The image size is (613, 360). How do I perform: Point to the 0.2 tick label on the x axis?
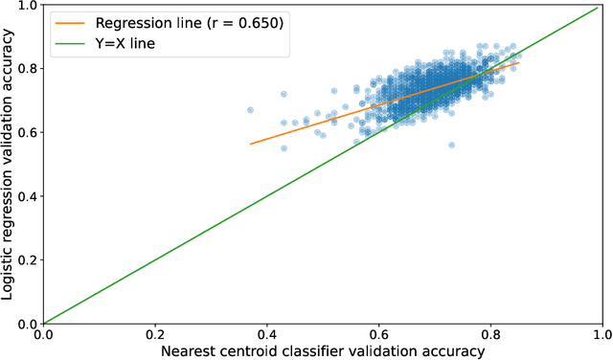tap(154, 335)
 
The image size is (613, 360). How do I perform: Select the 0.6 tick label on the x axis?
tap(378, 335)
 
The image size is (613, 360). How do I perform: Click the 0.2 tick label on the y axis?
tap(26, 259)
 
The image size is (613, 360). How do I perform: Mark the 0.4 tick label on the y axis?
tap(26, 195)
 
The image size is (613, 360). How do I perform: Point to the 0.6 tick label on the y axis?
tap(26, 132)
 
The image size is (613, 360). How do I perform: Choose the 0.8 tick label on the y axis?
tap(26, 68)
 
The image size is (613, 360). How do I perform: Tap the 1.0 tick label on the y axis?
tap(26, 5)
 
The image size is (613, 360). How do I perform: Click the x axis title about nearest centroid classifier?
tap(322, 351)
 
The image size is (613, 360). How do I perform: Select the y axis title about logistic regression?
tap(9, 164)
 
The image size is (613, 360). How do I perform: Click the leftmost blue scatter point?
tap(250, 110)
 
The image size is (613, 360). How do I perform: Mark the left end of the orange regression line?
tap(250, 144)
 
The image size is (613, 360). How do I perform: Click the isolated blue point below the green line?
tap(451, 145)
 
